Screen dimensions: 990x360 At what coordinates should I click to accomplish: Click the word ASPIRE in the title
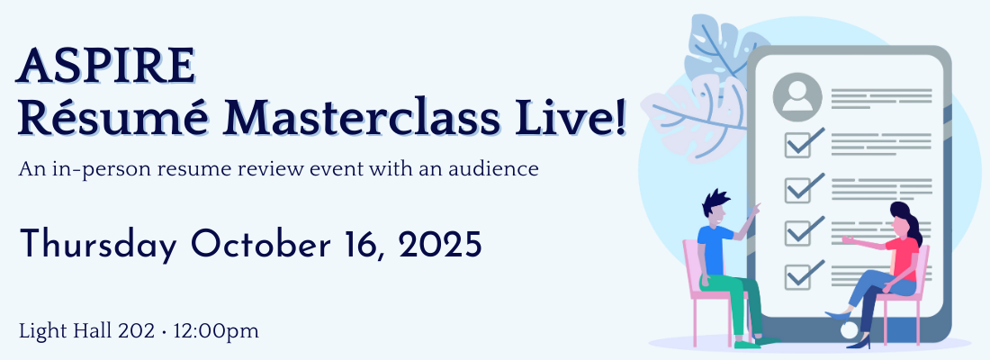tap(105, 66)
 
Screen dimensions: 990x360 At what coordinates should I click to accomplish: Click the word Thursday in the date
tap(98, 245)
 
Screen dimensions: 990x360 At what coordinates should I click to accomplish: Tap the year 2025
tap(439, 244)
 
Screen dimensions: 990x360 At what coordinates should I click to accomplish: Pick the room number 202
tap(137, 331)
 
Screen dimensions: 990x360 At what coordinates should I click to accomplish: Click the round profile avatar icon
tap(797, 96)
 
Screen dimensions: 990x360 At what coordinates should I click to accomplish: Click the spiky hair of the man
tap(715, 202)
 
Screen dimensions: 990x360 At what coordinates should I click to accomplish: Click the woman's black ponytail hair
tap(908, 222)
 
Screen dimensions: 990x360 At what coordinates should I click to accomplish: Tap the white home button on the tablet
tap(850, 329)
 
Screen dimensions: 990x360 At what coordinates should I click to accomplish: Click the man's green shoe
tap(748, 344)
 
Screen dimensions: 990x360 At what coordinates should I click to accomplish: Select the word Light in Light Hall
tap(39, 331)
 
